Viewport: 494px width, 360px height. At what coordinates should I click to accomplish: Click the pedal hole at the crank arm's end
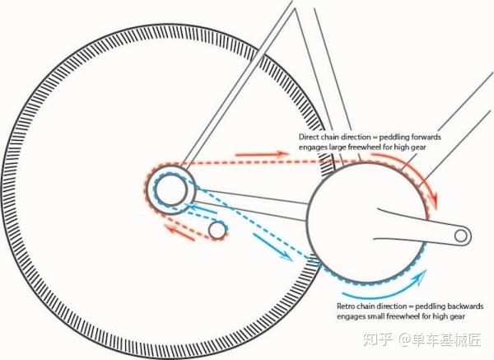point(461,236)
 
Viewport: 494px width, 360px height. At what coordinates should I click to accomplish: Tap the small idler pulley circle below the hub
point(217,231)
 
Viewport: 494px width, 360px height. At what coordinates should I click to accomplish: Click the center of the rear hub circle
point(170,190)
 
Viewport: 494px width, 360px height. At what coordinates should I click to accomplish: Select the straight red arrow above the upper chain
point(262,155)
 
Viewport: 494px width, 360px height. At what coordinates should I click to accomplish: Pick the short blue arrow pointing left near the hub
point(201,208)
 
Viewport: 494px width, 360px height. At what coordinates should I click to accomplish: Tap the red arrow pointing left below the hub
point(179,232)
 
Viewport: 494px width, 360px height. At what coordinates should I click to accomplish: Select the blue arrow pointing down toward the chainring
point(273,247)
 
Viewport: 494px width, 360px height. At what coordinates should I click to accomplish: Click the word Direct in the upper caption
point(309,137)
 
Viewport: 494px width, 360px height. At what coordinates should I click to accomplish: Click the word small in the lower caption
point(376,316)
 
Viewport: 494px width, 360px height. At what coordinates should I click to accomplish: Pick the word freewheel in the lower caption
point(401,316)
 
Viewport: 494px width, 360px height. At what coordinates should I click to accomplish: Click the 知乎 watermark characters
point(378,339)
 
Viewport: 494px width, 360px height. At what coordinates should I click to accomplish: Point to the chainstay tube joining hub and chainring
point(250,205)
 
